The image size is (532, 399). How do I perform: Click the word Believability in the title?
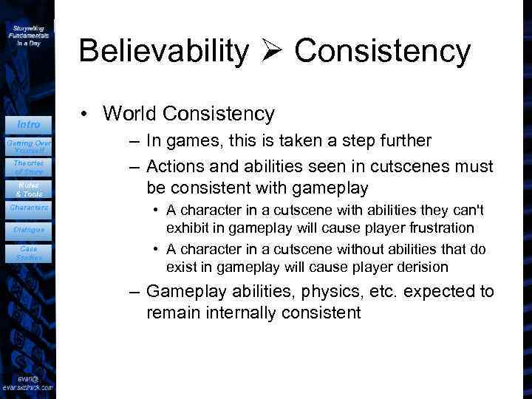point(164,51)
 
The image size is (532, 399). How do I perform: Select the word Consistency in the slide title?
point(382,51)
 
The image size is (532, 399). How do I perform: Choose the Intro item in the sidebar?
point(28,124)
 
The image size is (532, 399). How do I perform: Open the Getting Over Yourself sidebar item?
point(28,146)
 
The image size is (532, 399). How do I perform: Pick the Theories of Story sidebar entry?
point(28,167)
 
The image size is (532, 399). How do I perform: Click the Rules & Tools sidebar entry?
point(28,188)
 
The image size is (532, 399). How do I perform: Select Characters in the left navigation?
point(28,208)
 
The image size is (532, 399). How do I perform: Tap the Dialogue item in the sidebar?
point(28,230)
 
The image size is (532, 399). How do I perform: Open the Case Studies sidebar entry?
point(28,253)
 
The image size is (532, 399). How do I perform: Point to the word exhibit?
point(186,227)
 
